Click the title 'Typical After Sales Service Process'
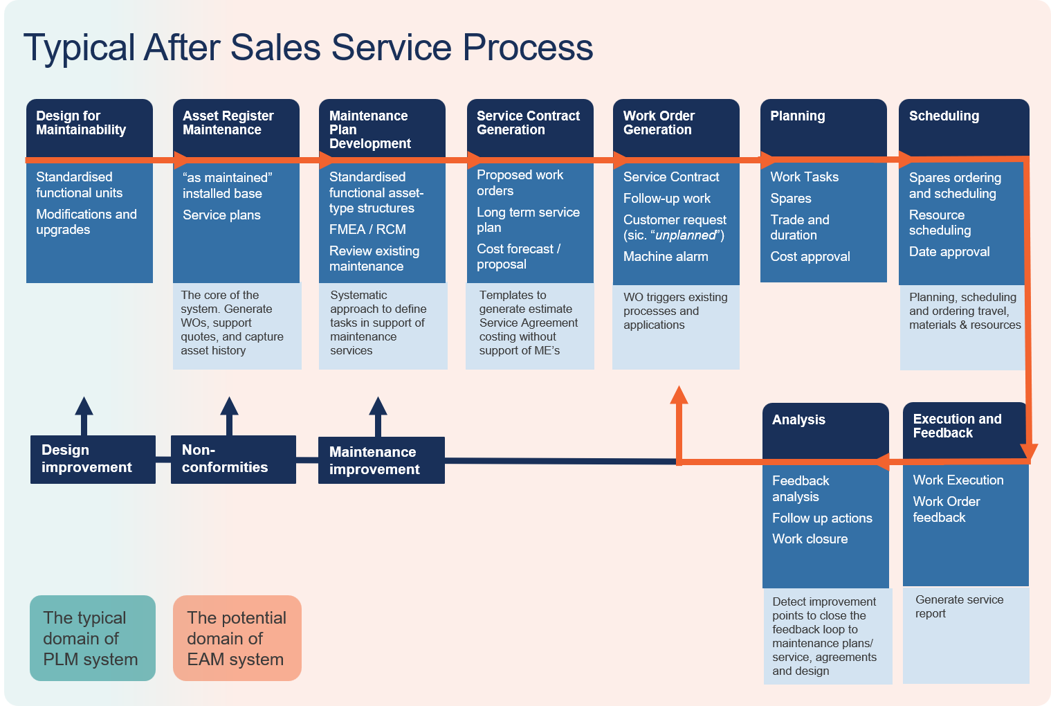(x=308, y=48)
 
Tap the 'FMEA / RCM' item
(x=367, y=229)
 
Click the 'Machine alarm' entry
(x=666, y=257)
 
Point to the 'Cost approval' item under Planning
(x=810, y=257)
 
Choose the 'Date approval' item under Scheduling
(x=949, y=252)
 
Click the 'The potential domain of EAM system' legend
(x=237, y=638)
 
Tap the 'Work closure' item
(x=810, y=539)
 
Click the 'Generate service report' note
(x=959, y=607)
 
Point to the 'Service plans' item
(x=221, y=215)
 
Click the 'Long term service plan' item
(x=528, y=220)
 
